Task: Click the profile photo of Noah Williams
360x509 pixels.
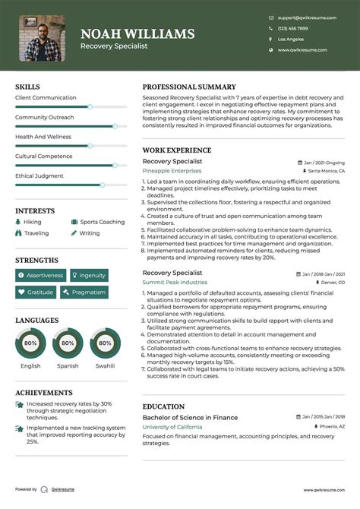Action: pyautogui.click(x=42, y=38)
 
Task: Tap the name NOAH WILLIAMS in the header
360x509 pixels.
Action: pyautogui.click(x=137, y=34)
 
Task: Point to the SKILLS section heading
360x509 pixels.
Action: pyautogui.click(x=27, y=87)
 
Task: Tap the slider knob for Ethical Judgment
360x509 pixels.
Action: pyautogui.click(x=102, y=185)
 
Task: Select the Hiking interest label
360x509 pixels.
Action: pyautogui.click(x=33, y=222)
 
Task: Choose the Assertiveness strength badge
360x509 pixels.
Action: pyautogui.click(x=41, y=275)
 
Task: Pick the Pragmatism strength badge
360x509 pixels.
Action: pyautogui.click(x=85, y=292)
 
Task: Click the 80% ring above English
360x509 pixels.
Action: pyautogui.click(x=30, y=343)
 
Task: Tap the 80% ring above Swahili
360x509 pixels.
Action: pyautogui.click(x=105, y=343)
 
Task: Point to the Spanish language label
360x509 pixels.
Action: pyautogui.click(x=68, y=365)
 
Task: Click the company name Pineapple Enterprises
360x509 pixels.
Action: pyautogui.click(x=172, y=172)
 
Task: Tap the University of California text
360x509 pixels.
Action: pyautogui.click(x=172, y=427)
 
